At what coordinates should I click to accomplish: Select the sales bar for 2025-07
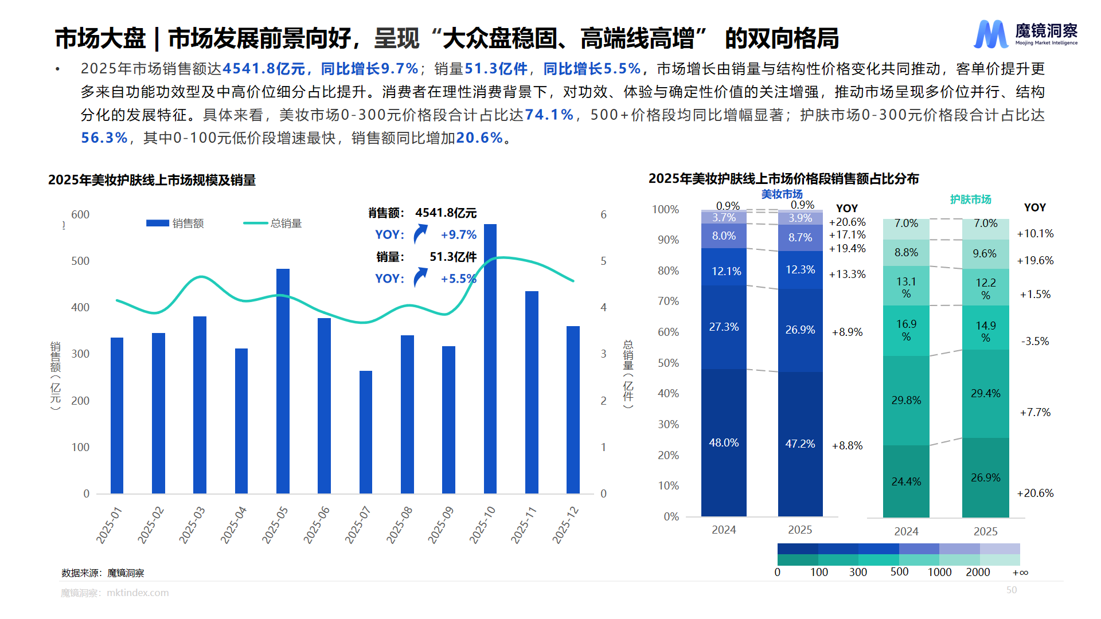[365, 433]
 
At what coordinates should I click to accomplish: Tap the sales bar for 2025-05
[283, 381]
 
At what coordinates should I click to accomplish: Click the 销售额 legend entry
[175, 224]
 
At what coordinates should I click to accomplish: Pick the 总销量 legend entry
[273, 224]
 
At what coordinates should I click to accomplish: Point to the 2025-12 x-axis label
[565, 524]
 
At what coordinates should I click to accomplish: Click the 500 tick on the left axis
[80, 261]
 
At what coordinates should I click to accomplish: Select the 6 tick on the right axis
[603, 215]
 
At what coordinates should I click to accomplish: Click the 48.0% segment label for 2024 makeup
[724, 443]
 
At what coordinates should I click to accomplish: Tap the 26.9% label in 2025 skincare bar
[985, 478]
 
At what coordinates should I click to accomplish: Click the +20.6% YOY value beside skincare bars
[1035, 493]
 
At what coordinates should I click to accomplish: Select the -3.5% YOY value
[1035, 342]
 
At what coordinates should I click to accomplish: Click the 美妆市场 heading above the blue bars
[782, 194]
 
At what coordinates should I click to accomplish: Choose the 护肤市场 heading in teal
[970, 199]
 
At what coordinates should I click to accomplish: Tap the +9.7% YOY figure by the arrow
[458, 235]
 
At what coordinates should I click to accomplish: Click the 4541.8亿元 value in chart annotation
[446, 213]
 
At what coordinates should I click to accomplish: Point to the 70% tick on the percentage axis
[668, 301]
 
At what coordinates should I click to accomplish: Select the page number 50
[1011, 590]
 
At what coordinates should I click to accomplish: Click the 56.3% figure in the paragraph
[104, 138]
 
